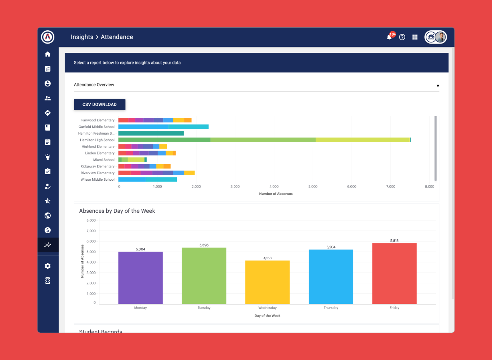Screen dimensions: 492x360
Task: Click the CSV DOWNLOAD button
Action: [99, 104]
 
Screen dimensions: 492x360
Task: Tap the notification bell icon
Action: [389, 37]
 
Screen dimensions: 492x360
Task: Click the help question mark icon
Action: [402, 37]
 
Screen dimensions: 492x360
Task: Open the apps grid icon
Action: [415, 37]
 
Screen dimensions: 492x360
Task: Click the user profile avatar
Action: [440, 37]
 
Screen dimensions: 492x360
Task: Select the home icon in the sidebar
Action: [48, 54]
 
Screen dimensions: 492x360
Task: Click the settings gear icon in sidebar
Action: [48, 266]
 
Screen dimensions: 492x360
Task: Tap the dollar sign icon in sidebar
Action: [48, 230]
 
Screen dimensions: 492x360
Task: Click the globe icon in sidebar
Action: [48, 216]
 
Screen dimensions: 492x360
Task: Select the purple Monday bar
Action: [140, 278]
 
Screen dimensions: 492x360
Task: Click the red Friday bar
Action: [394, 274]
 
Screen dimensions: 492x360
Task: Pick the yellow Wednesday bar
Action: [267, 282]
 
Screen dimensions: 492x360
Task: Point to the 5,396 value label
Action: [204, 245]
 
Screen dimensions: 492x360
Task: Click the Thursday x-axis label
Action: [331, 308]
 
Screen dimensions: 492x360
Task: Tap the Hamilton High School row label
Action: [97, 140]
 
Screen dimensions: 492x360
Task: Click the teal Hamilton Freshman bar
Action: [151, 133]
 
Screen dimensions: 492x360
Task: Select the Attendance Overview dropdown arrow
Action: [438, 86]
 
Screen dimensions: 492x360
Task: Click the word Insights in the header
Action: [82, 37]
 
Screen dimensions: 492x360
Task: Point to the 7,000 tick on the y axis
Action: [91, 231]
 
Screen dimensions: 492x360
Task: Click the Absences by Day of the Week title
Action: [117, 211]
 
